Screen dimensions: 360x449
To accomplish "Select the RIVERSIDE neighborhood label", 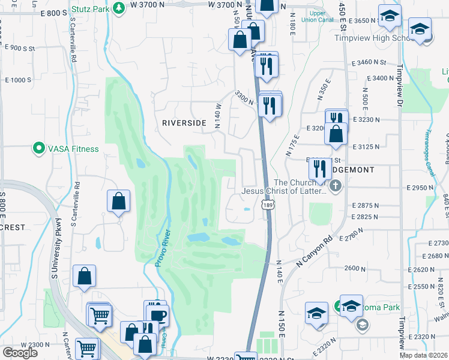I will coord(184,123).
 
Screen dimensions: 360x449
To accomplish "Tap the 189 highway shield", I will coord(268,205).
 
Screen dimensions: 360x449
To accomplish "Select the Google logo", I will coord(19,353).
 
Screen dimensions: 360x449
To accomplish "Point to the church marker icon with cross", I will coord(336,188).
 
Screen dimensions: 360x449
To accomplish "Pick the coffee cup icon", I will coord(158,315).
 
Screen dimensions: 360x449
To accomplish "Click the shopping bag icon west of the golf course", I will coord(119,202).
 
